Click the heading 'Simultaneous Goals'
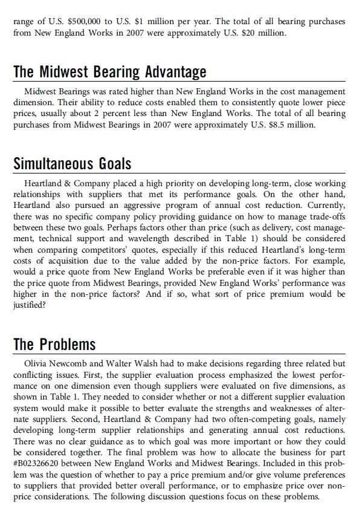click(x=72, y=163)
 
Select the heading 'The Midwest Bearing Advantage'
click(x=109, y=72)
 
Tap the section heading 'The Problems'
click(x=54, y=345)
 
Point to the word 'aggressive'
click(x=127, y=205)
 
